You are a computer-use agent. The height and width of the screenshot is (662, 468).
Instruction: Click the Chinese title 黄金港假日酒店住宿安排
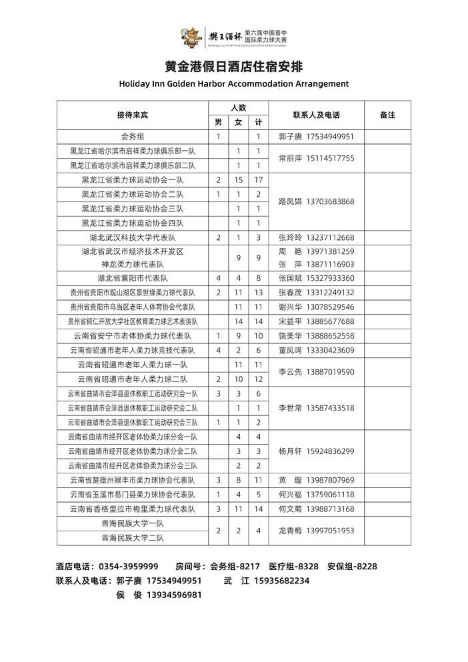(x=233, y=67)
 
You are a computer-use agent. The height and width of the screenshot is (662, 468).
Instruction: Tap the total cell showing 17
(x=259, y=180)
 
